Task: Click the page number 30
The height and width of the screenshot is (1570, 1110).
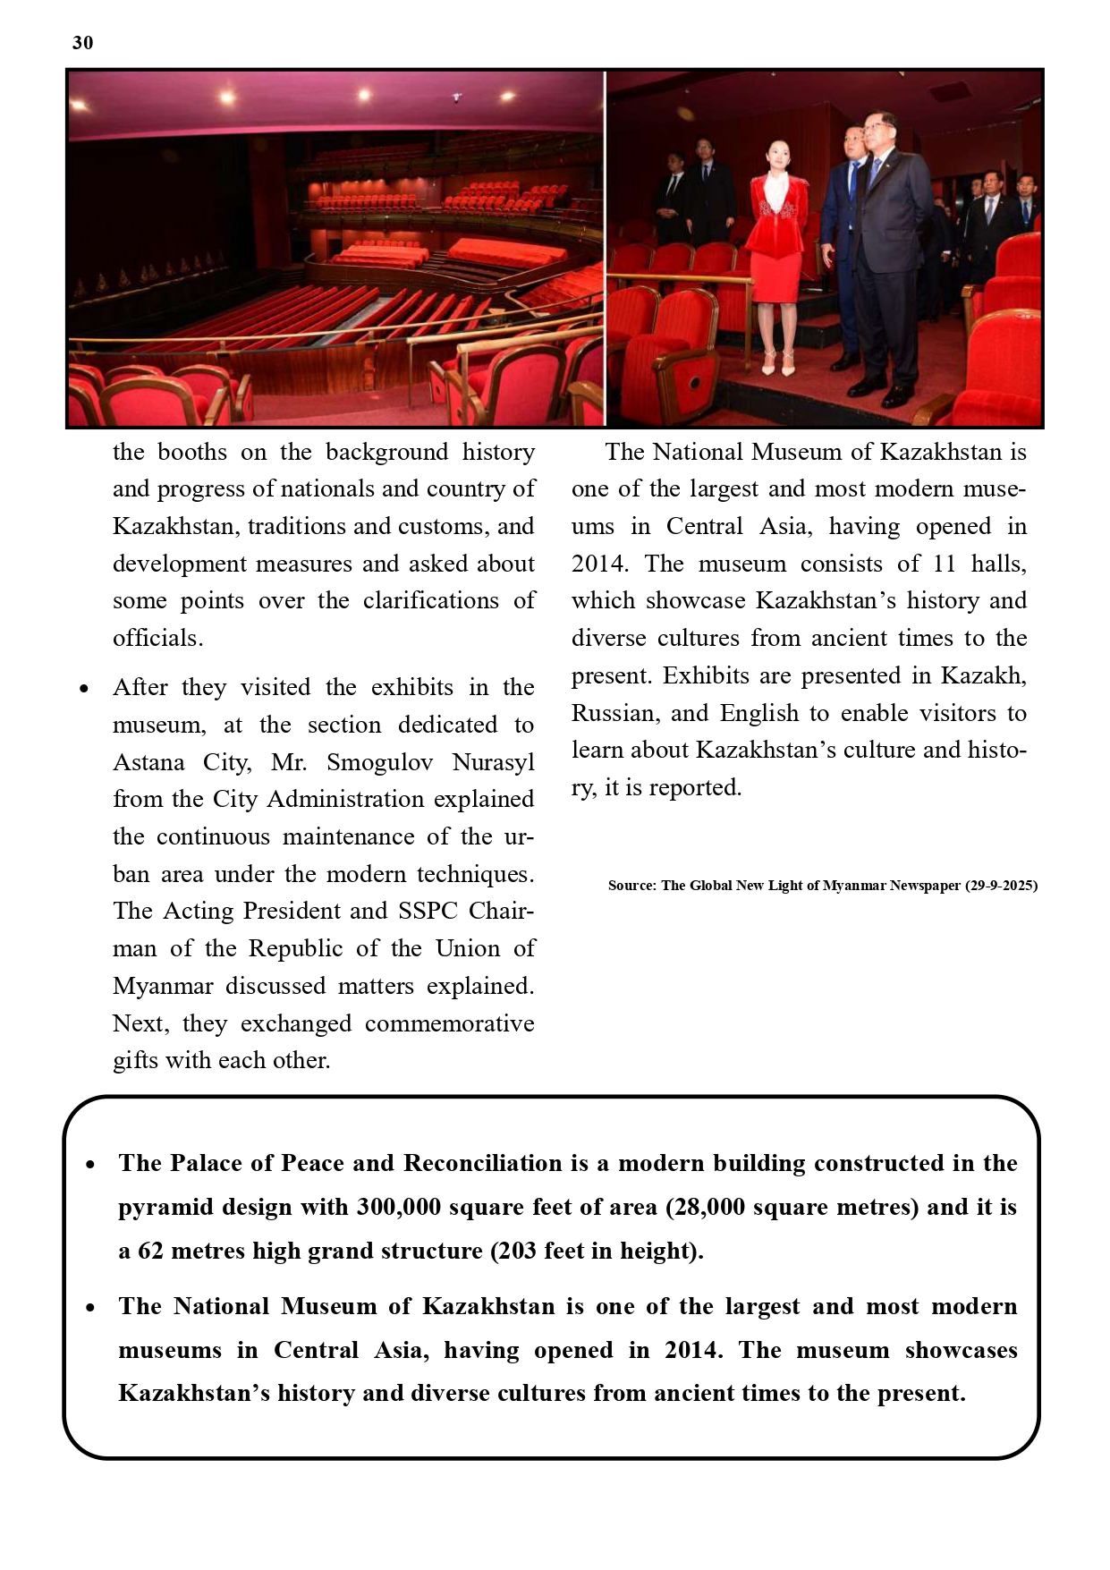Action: [82, 43]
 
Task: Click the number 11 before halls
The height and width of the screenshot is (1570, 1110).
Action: [945, 564]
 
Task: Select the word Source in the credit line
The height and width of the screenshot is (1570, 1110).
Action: [631, 886]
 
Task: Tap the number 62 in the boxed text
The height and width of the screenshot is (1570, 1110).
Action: [150, 1251]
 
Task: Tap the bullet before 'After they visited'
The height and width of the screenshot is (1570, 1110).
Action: [83, 689]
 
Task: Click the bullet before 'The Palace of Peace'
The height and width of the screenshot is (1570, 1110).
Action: [90, 1165]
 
